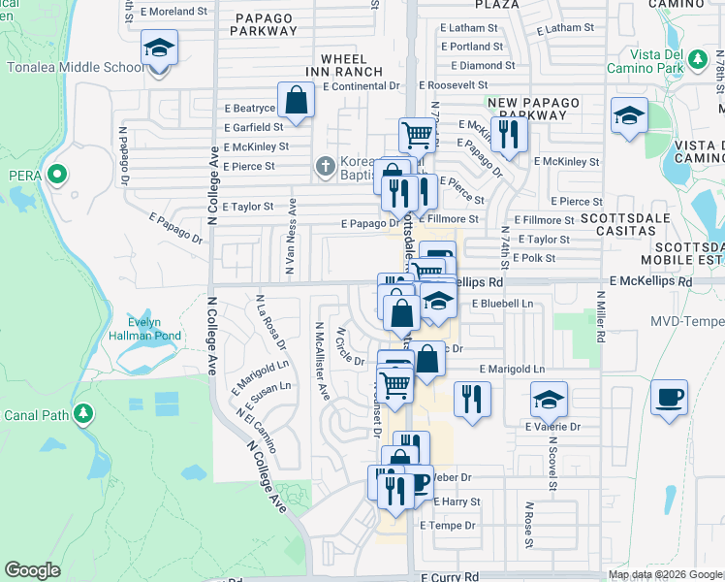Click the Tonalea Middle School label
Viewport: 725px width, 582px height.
(x=76, y=68)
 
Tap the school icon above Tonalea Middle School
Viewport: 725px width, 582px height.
(x=158, y=48)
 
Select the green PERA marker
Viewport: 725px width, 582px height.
(x=56, y=176)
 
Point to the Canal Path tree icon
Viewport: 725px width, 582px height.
(x=84, y=414)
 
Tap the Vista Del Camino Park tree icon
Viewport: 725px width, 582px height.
(x=696, y=60)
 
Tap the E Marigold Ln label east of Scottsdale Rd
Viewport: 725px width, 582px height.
(x=513, y=370)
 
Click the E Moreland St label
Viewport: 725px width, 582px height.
(x=176, y=13)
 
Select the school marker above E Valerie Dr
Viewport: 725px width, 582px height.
(x=548, y=399)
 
